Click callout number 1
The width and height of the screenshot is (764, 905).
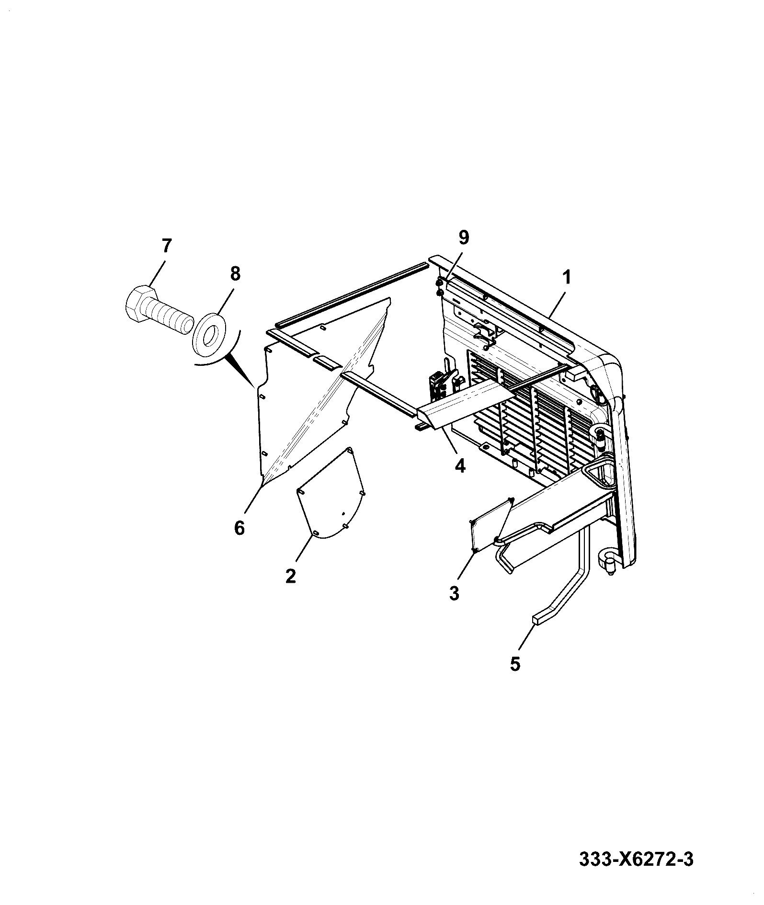[567, 277]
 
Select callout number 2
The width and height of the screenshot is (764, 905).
[290, 576]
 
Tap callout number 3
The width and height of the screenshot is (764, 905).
[454, 593]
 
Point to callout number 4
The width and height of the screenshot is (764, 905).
[460, 465]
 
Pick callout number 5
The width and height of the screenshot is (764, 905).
[515, 664]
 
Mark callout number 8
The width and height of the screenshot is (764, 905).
[235, 274]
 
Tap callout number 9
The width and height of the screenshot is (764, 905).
[464, 237]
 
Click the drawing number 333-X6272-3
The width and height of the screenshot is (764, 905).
[636, 860]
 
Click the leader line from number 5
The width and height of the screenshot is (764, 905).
[528, 639]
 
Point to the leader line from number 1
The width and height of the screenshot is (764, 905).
[559, 302]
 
